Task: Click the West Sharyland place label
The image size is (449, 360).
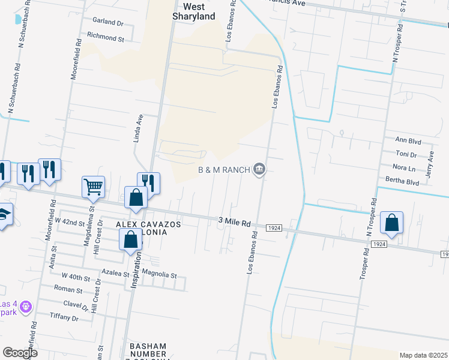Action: pyautogui.click(x=194, y=11)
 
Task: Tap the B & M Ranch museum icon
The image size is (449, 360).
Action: pyautogui.click(x=259, y=169)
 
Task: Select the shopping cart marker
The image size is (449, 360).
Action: pyautogui.click(x=93, y=187)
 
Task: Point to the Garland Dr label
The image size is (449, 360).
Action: pyautogui.click(x=107, y=23)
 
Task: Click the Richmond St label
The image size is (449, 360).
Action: pyautogui.click(x=105, y=37)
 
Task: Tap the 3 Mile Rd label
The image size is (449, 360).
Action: pyautogui.click(x=234, y=223)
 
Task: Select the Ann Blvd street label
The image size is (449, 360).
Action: pyautogui.click(x=408, y=139)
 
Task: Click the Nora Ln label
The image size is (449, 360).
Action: pyautogui.click(x=403, y=168)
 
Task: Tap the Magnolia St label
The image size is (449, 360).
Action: pyautogui.click(x=159, y=275)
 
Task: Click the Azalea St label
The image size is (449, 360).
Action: pyautogui.click(x=115, y=272)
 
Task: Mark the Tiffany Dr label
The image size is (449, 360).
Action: pyautogui.click(x=64, y=317)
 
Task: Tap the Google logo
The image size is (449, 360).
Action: pyautogui.click(x=20, y=353)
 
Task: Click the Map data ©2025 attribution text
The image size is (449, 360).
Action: pyautogui.click(x=423, y=355)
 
